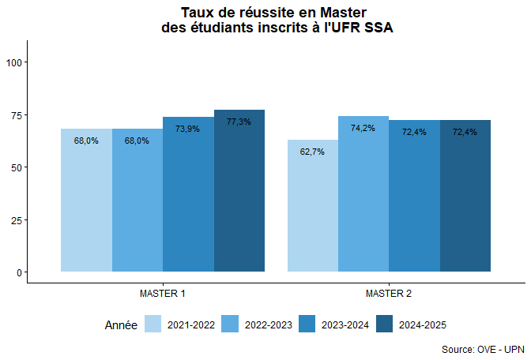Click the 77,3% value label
click(239, 122)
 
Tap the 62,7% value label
click(312, 152)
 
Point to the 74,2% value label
click(363, 128)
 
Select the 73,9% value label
click(187, 129)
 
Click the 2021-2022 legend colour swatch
click(153, 324)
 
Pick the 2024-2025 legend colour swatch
click(385, 324)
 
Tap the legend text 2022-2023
click(268, 324)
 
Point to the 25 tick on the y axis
click(17, 219)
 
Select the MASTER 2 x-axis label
click(389, 294)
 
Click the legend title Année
click(121, 324)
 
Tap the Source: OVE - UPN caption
click(482, 349)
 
